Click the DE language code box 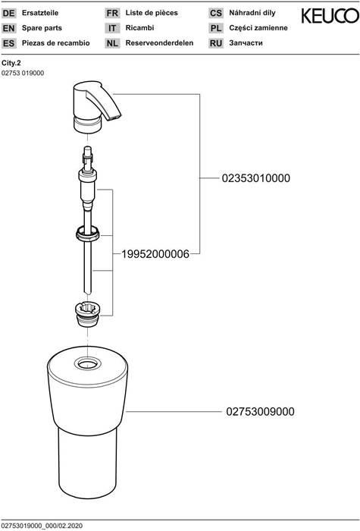click(11, 14)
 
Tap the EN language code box click(11, 28)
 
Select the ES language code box click(11, 43)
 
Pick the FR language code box click(112, 14)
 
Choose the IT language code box click(112, 28)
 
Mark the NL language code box click(112, 43)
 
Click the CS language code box click(215, 14)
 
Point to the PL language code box click(215, 28)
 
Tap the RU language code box click(215, 43)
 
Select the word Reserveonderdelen click(160, 43)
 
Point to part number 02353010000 click(255, 178)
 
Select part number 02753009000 click(259, 412)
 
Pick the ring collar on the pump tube click(88, 232)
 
